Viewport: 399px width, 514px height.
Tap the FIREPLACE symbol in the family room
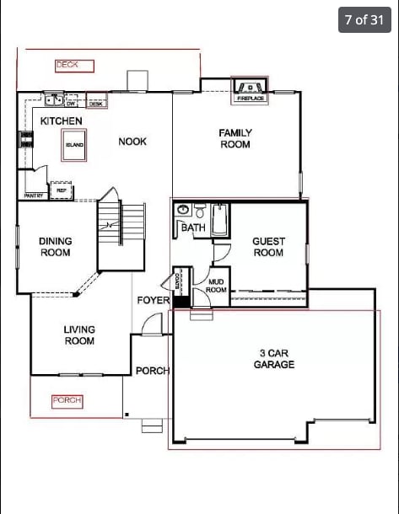[x=250, y=88]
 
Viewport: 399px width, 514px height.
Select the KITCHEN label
[x=62, y=121]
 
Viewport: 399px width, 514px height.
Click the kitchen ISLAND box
[x=75, y=145]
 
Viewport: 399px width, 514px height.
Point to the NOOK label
[x=132, y=142]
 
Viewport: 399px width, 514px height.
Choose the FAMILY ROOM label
[x=235, y=139]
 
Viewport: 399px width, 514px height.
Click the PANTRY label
[x=35, y=195]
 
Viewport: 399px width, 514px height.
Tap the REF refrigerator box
[x=62, y=190]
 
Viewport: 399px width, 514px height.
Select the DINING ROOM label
[x=56, y=247]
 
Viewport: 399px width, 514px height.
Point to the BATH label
[x=193, y=228]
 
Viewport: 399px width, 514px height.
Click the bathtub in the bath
[x=219, y=220]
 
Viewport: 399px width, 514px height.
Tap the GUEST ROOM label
[x=268, y=247]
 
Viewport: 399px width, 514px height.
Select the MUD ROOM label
[x=217, y=286]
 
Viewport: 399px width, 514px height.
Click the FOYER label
[x=153, y=301]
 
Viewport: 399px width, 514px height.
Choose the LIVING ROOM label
[x=79, y=335]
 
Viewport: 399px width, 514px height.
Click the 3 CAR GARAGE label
[x=274, y=359]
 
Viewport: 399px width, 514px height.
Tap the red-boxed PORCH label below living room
[x=67, y=401]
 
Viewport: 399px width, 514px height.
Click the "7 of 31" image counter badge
[x=364, y=20]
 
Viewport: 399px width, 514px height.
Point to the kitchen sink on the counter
[x=55, y=100]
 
